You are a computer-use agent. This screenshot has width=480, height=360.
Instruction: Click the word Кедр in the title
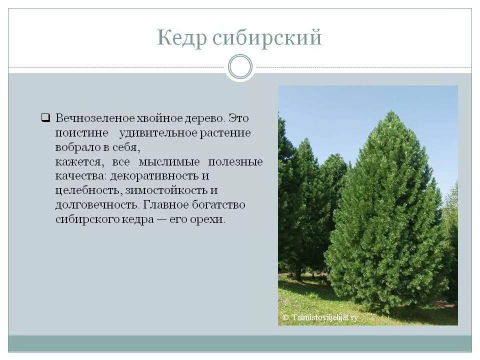pos(181,37)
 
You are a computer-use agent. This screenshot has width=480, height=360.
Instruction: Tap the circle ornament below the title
pos(240,67)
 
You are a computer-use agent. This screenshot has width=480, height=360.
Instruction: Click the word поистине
pos(82,133)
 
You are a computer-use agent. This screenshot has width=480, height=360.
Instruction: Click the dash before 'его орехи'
pos(165,219)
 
